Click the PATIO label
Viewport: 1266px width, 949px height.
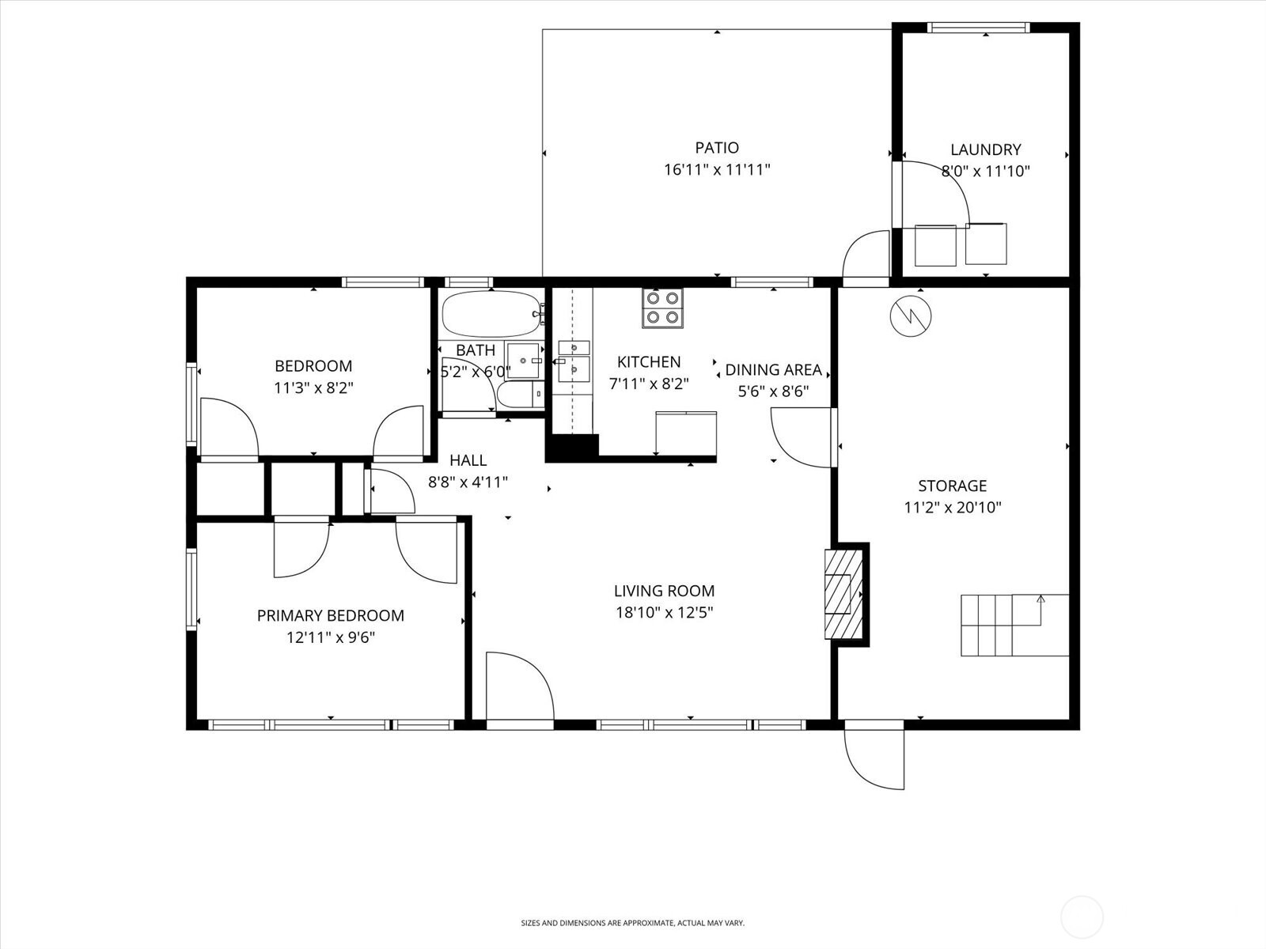pyautogui.click(x=717, y=148)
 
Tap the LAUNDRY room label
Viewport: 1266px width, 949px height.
pyautogui.click(x=985, y=149)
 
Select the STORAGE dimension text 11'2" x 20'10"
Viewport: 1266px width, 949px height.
pyautogui.click(x=953, y=508)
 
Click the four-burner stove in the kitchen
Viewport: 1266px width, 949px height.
pyautogui.click(x=662, y=308)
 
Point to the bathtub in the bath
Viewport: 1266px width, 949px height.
pyautogui.click(x=491, y=315)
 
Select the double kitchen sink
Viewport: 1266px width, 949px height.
pyautogui.click(x=574, y=361)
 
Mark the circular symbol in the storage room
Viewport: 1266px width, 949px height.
pyautogui.click(x=910, y=316)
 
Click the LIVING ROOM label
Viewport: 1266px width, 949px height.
pyautogui.click(x=664, y=591)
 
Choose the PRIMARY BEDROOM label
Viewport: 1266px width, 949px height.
pyautogui.click(x=330, y=615)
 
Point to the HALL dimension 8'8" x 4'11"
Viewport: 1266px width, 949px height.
pyautogui.click(x=468, y=482)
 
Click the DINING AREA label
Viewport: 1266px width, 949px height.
pyautogui.click(x=773, y=370)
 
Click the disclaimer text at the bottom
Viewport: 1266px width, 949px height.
pyautogui.click(x=632, y=923)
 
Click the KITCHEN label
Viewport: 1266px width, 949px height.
pyautogui.click(x=648, y=362)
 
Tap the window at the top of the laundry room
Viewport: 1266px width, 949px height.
pyautogui.click(x=979, y=28)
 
